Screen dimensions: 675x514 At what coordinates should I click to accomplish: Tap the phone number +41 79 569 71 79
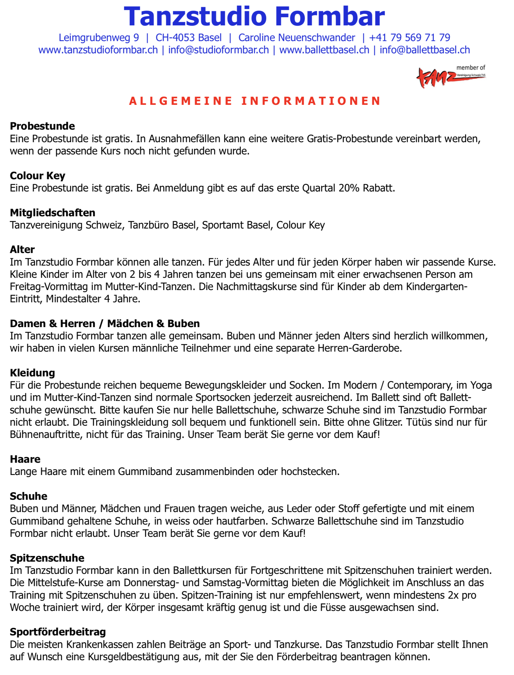(x=410, y=38)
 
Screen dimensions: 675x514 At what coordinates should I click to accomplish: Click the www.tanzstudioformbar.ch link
(x=98, y=50)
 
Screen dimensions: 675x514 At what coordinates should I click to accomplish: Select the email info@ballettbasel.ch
(x=425, y=50)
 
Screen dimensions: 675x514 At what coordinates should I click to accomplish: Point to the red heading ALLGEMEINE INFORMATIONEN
(x=255, y=101)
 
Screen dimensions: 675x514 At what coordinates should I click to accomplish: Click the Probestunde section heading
(x=42, y=126)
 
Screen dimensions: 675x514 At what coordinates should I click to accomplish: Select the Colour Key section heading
(x=38, y=176)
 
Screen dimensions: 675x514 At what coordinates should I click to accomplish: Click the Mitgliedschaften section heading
(x=53, y=213)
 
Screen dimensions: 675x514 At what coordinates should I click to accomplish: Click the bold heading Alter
(x=22, y=250)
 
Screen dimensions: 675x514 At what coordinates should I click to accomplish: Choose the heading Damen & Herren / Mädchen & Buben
(x=105, y=324)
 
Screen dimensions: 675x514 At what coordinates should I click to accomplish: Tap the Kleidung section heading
(x=32, y=373)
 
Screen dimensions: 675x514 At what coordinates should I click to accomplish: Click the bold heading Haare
(x=25, y=459)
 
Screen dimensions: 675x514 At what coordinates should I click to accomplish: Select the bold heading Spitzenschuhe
(x=47, y=558)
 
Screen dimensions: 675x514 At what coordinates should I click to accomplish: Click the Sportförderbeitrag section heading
(x=58, y=632)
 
